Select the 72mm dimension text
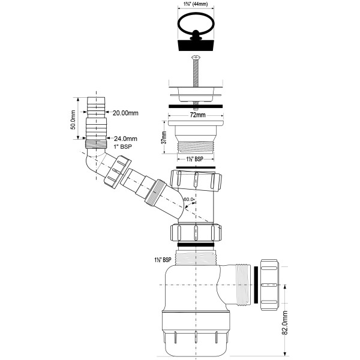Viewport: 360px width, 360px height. (197, 114)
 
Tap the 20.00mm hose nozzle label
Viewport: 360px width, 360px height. (125, 112)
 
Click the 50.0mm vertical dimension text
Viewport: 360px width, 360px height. (72, 119)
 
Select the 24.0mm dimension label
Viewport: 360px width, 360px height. (125, 139)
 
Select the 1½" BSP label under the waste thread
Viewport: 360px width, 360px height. (195, 160)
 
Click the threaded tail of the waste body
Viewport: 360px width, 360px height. (196, 147)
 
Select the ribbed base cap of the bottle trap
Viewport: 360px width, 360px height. (197, 339)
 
